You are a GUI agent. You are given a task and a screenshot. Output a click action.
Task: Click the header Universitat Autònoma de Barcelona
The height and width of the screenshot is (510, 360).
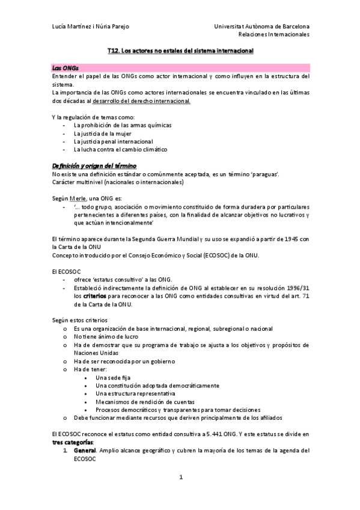261,27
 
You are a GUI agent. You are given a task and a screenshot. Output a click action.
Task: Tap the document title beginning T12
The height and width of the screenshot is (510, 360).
180,52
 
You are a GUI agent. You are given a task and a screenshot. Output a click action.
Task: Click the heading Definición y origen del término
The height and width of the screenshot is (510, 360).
95,165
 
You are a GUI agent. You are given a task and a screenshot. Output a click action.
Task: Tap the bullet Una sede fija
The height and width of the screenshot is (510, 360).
112,377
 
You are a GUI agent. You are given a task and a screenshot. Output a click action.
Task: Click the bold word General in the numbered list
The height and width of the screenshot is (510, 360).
84,450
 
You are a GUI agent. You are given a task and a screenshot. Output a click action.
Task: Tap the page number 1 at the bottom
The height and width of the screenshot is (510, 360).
180,478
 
